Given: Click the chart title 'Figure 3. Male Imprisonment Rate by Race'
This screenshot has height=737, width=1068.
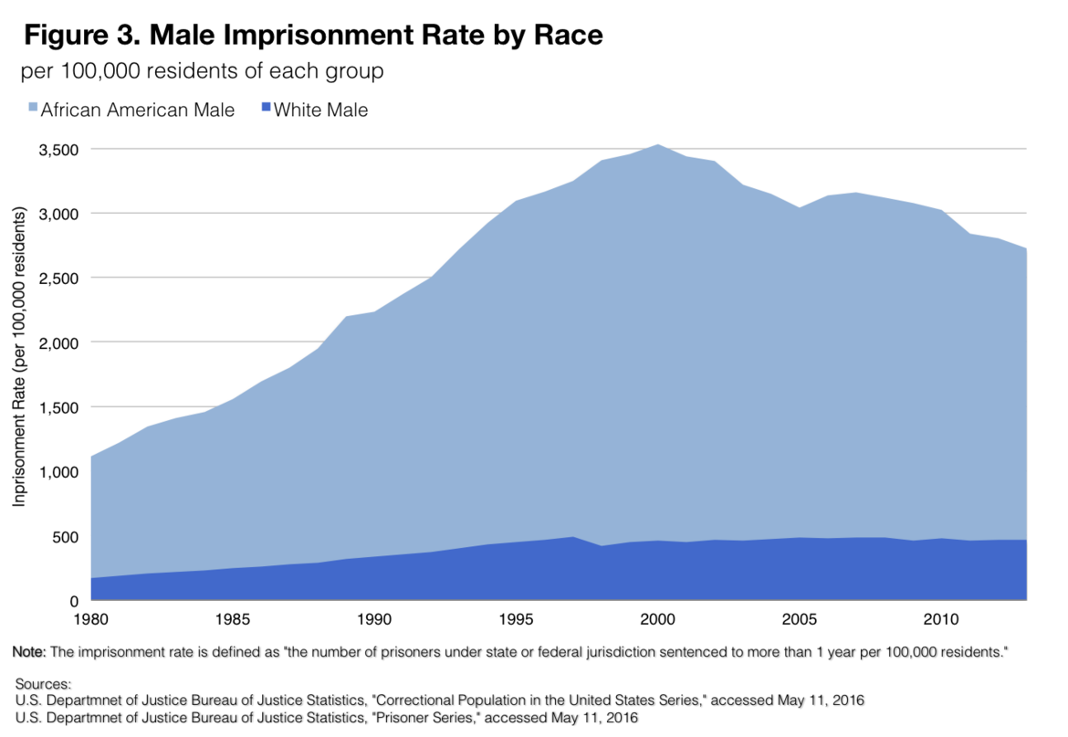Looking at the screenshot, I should click(x=313, y=36).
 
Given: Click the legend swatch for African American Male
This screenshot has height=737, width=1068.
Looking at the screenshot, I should click(x=31, y=111).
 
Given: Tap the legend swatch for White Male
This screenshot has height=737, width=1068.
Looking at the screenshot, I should click(x=265, y=111).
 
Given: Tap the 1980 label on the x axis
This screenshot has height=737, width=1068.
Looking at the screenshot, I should click(x=91, y=620).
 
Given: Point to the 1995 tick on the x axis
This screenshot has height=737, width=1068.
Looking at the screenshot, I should click(x=517, y=620).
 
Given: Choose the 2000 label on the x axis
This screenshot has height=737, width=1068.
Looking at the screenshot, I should click(x=658, y=620).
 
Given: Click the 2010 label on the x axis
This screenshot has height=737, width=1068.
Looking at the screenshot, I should click(x=942, y=620).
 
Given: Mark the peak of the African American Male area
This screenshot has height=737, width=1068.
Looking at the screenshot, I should click(x=658, y=145).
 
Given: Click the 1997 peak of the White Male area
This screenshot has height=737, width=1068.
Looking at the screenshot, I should click(x=573, y=538).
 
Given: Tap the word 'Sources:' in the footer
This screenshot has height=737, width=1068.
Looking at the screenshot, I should click(x=42, y=683).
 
